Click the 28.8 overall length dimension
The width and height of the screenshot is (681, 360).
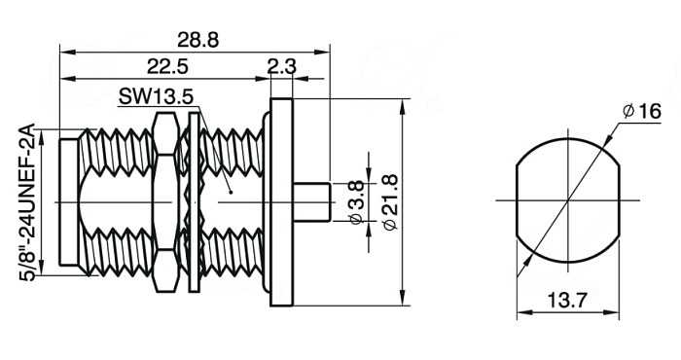pos(198,41)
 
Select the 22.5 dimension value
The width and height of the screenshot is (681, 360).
pos(167,67)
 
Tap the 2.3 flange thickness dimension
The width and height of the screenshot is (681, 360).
pos(281,67)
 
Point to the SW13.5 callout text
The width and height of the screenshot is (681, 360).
pos(156,96)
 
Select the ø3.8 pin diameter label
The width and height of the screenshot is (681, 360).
pos(356,202)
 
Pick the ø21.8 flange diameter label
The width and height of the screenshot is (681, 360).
pos(390,202)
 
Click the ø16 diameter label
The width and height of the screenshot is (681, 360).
pos(641,112)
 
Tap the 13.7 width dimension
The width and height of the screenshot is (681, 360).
pos(567,300)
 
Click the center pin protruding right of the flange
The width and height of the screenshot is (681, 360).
pos(312,202)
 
